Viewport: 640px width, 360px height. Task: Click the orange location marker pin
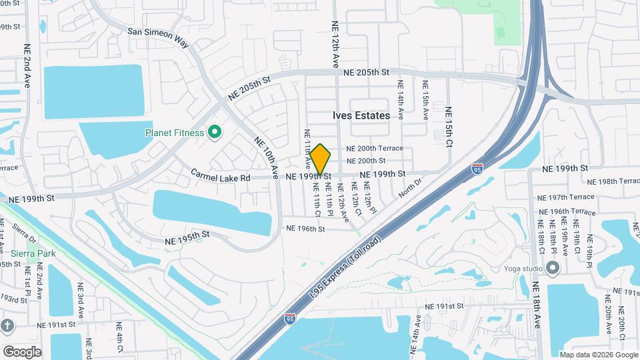321,159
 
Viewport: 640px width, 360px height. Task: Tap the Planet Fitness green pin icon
215,133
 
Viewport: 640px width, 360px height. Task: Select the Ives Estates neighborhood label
361,115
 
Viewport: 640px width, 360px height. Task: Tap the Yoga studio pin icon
553,268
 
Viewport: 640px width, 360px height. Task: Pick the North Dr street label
411,187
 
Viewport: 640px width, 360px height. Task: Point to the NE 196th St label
305,229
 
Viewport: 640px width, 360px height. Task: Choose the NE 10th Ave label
265,157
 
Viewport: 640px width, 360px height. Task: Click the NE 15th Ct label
449,127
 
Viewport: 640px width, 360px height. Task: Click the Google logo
22,351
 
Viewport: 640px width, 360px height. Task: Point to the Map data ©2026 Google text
598,355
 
